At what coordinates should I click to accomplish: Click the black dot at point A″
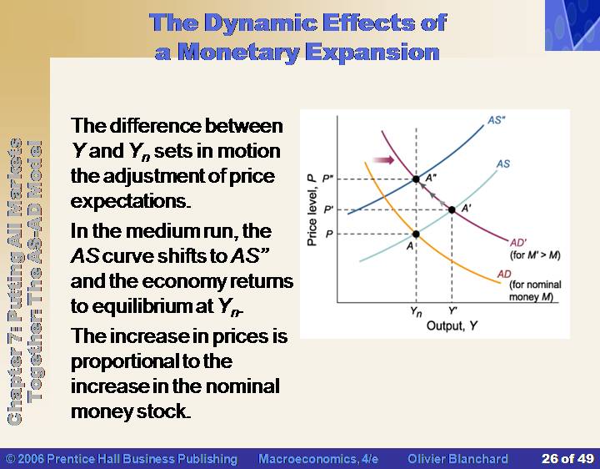(416, 179)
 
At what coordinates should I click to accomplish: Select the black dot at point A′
(452, 209)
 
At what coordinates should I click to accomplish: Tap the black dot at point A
(416, 234)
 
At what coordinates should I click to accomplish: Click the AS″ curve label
(497, 120)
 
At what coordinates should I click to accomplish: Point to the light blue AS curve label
(503, 164)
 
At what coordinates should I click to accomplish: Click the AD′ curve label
(518, 243)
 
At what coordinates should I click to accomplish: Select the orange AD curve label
(504, 274)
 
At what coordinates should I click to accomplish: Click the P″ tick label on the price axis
(328, 179)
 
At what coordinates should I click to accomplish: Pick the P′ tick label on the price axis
(328, 209)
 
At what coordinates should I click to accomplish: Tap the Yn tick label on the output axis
(416, 312)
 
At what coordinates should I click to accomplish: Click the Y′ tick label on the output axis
(452, 310)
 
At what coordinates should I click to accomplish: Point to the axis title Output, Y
(452, 325)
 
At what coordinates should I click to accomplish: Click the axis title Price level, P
(312, 209)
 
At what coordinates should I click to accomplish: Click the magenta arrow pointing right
(383, 159)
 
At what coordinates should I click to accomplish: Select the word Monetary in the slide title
(239, 53)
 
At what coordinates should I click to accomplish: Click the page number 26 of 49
(567, 459)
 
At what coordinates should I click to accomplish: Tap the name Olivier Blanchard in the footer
(457, 459)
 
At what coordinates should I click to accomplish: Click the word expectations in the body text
(131, 202)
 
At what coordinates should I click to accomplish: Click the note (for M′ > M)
(535, 255)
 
